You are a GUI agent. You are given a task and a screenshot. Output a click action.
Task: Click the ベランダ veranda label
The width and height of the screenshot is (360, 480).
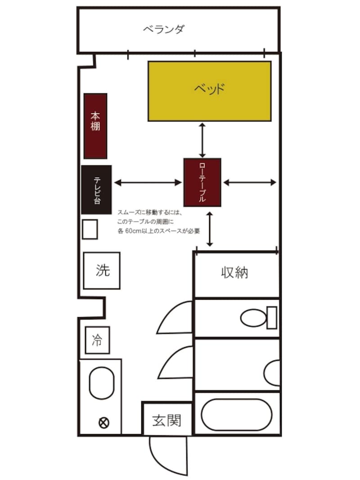[x=164, y=29]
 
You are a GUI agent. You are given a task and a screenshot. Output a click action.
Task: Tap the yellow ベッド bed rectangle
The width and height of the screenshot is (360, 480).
[x=210, y=91]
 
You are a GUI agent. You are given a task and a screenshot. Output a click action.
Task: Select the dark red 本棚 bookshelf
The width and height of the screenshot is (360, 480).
[x=95, y=126]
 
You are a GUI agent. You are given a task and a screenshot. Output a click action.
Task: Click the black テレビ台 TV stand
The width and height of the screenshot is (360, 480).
[x=96, y=190]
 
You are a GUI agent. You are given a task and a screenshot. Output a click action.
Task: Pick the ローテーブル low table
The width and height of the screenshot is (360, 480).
[x=202, y=183]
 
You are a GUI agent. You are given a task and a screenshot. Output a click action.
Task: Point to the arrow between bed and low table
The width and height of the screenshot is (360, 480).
[x=202, y=140]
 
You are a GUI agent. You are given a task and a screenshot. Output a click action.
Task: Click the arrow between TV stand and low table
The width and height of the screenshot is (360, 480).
[x=148, y=183]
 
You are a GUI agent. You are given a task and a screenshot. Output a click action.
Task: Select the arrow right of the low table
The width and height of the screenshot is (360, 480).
[x=250, y=183]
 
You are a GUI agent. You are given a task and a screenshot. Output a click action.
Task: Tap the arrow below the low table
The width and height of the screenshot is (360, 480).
[x=210, y=229]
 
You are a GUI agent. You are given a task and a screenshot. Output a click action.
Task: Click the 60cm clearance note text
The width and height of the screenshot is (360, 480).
[x=158, y=222]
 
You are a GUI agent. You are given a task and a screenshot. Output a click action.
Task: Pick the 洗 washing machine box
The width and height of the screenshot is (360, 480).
[x=102, y=271]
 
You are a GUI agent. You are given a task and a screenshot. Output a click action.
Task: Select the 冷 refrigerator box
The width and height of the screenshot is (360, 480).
[x=97, y=340]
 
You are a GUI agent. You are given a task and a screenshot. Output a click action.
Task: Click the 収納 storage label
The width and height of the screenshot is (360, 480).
[x=234, y=273]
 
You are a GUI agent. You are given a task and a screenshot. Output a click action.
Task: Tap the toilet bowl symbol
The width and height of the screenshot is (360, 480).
[x=253, y=318]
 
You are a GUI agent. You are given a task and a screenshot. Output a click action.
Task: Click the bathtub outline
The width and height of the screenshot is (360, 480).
[x=237, y=414]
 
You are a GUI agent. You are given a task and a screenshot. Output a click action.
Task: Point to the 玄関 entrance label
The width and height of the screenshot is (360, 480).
[x=167, y=420]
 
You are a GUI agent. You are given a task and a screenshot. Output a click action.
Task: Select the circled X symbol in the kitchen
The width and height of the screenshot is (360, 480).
[x=104, y=423]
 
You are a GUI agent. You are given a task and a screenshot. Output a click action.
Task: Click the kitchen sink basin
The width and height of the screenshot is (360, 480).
[x=102, y=383]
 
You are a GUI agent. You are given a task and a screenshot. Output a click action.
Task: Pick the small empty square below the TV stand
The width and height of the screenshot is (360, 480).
[x=90, y=229]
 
